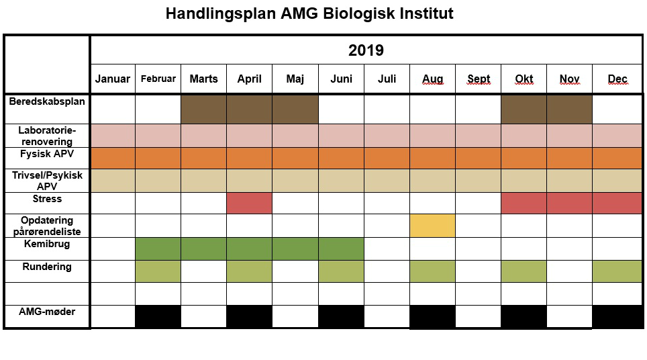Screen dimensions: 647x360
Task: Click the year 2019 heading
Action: [x=366, y=50]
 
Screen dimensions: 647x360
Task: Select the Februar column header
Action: [x=158, y=79]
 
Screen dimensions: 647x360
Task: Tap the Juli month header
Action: [x=387, y=79]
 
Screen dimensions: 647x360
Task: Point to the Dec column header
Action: [x=617, y=79]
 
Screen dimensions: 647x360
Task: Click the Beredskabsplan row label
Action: [x=47, y=101]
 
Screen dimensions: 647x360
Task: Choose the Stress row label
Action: [x=47, y=199]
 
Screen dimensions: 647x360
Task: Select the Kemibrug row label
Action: [x=47, y=244]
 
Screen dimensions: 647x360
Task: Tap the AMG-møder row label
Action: [x=47, y=312]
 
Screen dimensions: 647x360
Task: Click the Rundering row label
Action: [x=47, y=267]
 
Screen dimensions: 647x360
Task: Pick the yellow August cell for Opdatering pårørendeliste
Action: [x=432, y=226]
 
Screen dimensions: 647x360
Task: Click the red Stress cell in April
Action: [x=249, y=203]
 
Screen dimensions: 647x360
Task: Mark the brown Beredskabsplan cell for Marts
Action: [x=203, y=109]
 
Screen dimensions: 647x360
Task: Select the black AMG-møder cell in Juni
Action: [x=341, y=316]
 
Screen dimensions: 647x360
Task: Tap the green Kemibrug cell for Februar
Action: [x=158, y=249]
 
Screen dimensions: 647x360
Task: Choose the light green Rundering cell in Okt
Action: [x=524, y=271]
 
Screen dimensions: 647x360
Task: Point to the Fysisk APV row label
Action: [x=47, y=154]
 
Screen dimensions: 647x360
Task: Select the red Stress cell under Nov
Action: [x=569, y=203]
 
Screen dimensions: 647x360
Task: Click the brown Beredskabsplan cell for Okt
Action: [x=524, y=109]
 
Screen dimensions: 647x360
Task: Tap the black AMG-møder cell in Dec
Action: [x=617, y=316]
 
